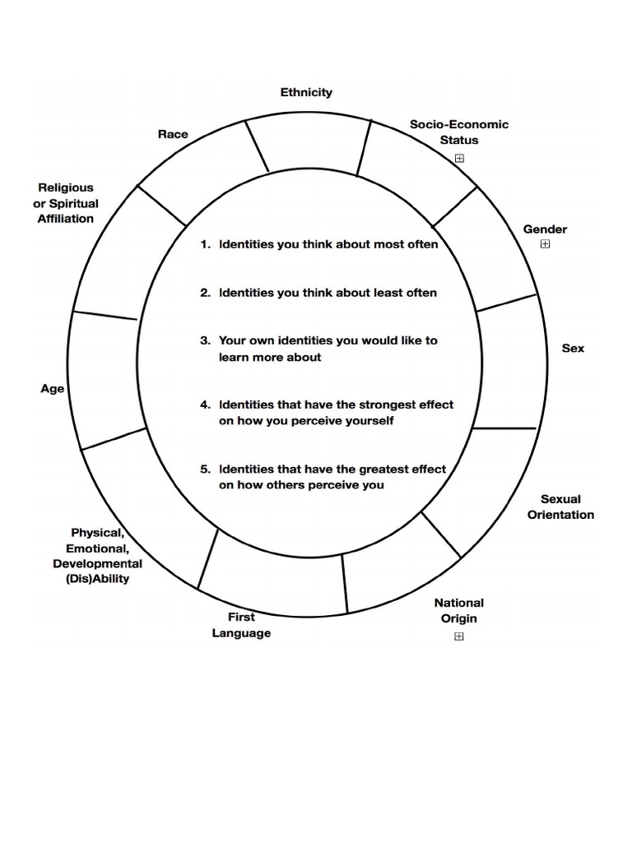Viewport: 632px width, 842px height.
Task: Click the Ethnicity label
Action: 306,92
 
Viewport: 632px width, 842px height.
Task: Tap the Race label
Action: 173,134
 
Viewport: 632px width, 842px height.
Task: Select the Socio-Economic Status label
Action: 459,132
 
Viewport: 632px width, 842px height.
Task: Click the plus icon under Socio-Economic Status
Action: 460,159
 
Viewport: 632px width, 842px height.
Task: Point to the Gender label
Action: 545,229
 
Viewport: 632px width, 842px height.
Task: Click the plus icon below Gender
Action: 545,244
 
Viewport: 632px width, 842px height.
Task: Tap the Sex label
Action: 573,348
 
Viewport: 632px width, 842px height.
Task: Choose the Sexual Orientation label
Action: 560,507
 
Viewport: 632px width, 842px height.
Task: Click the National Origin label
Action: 458,610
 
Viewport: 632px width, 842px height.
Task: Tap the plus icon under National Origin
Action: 459,636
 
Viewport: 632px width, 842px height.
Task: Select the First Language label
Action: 241,625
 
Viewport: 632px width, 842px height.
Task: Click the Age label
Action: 53,388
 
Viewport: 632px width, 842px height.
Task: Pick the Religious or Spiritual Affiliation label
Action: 66,203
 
